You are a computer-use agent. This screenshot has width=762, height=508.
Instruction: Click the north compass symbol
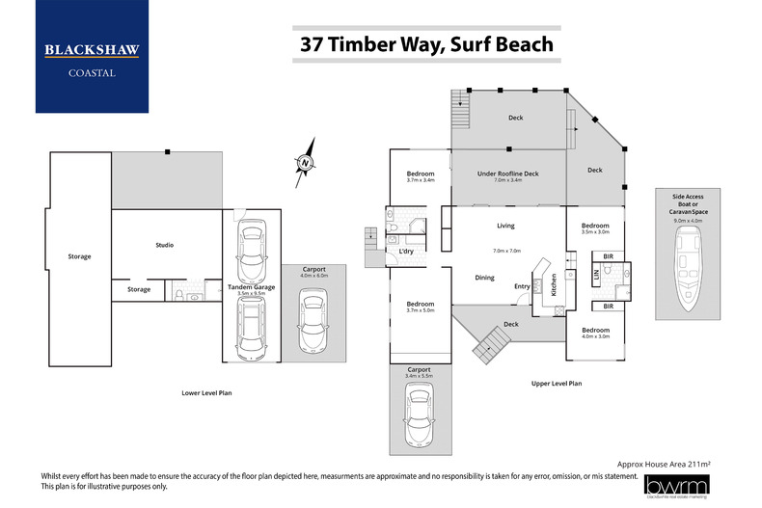pos(305,164)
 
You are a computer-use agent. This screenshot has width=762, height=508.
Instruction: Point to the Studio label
pos(165,245)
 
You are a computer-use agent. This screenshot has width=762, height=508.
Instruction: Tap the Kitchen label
pos(554,284)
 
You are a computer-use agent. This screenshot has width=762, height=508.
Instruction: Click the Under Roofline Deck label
pos(507,174)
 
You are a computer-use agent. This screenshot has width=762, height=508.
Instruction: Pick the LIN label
pos(595,275)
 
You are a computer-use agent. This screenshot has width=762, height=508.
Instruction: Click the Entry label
pos(522,285)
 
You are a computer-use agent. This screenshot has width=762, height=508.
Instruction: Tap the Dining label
pos(484,278)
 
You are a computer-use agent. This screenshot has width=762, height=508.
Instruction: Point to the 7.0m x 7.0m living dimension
pos(505,251)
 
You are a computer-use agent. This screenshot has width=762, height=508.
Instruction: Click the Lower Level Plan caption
pos(206,393)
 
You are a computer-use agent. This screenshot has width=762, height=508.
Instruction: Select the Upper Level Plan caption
pos(557,384)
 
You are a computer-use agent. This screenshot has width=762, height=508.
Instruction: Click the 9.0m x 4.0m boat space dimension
pos(689,220)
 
